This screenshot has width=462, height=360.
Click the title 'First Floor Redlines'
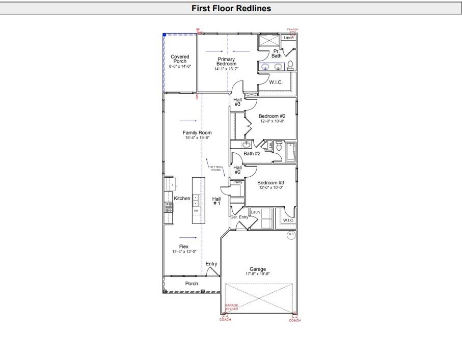[x=231, y=8]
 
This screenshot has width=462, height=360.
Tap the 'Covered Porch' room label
[x=180, y=59]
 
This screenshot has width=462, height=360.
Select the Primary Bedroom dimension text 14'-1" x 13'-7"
[x=226, y=69]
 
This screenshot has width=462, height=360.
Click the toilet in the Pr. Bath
[x=290, y=65]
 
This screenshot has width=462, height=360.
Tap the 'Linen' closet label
[x=289, y=38]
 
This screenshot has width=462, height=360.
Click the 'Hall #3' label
[x=237, y=102]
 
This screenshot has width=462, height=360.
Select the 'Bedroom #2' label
[x=272, y=116]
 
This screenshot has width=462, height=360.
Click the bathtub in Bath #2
[x=291, y=152]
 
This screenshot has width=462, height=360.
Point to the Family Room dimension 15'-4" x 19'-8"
[x=198, y=137]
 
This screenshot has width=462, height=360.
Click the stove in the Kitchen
[x=169, y=207]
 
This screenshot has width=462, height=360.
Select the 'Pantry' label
[x=238, y=182]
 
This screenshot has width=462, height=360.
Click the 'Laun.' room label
[x=256, y=212]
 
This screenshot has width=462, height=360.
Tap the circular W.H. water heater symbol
[x=291, y=235]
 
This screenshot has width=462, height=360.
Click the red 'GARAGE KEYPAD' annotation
[x=232, y=307]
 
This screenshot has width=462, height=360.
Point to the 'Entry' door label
[x=211, y=264]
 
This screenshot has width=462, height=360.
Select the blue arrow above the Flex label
[x=188, y=238]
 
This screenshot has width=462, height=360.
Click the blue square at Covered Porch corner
[x=164, y=35]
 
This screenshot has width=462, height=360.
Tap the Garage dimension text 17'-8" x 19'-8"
[x=257, y=274]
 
